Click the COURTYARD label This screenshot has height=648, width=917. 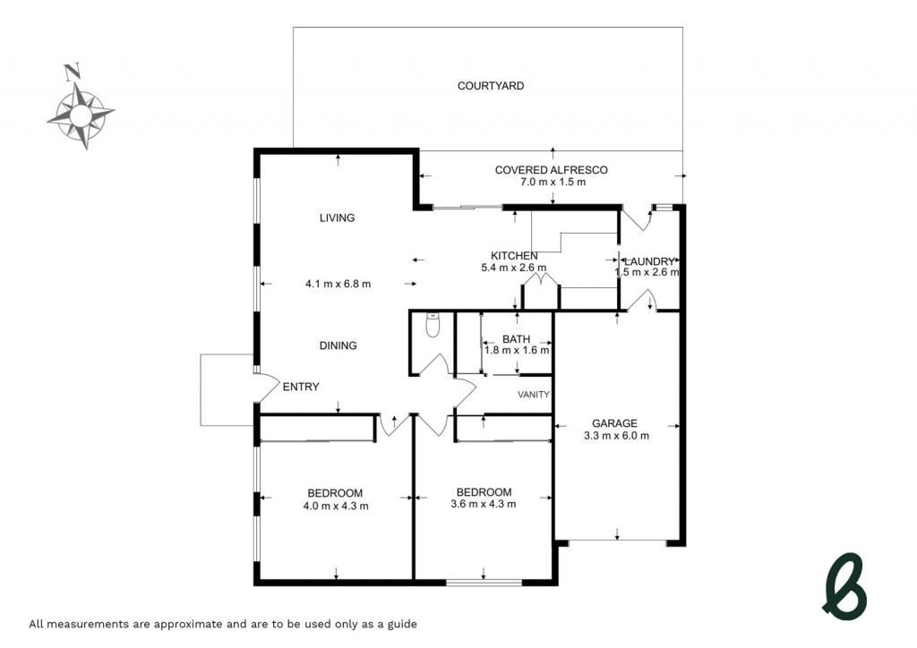490,86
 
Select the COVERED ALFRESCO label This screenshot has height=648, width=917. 551,170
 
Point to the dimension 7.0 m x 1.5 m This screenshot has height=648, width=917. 553,182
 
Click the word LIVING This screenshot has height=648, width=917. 337,218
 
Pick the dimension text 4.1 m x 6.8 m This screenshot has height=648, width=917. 338,284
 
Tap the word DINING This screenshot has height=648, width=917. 338,345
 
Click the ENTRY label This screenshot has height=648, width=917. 301,387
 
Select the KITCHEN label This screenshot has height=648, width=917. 514,256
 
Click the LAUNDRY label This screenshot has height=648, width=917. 650,261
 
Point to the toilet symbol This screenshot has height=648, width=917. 433,326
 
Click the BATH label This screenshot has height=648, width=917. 517,339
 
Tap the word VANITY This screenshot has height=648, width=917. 534,395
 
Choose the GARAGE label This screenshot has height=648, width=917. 614,423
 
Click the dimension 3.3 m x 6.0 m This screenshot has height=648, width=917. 616,435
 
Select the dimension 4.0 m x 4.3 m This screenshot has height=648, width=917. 336,506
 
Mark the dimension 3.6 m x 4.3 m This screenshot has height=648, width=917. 484,504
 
